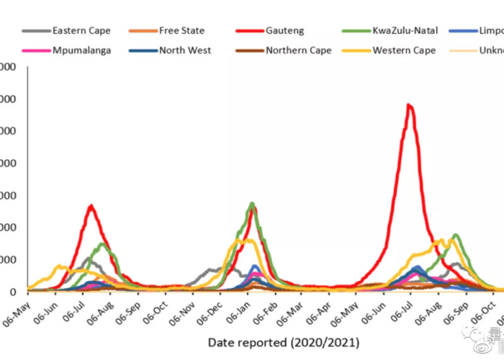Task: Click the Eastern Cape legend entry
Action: click(81, 31)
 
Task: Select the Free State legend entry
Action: click(181, 31)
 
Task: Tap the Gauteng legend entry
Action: click(284, 31)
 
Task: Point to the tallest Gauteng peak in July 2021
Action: click(409, 105)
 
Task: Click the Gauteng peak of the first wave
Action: click(91, 206)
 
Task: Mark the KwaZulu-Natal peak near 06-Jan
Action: click(251, 204)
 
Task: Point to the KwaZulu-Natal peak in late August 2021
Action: click(456, 235)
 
